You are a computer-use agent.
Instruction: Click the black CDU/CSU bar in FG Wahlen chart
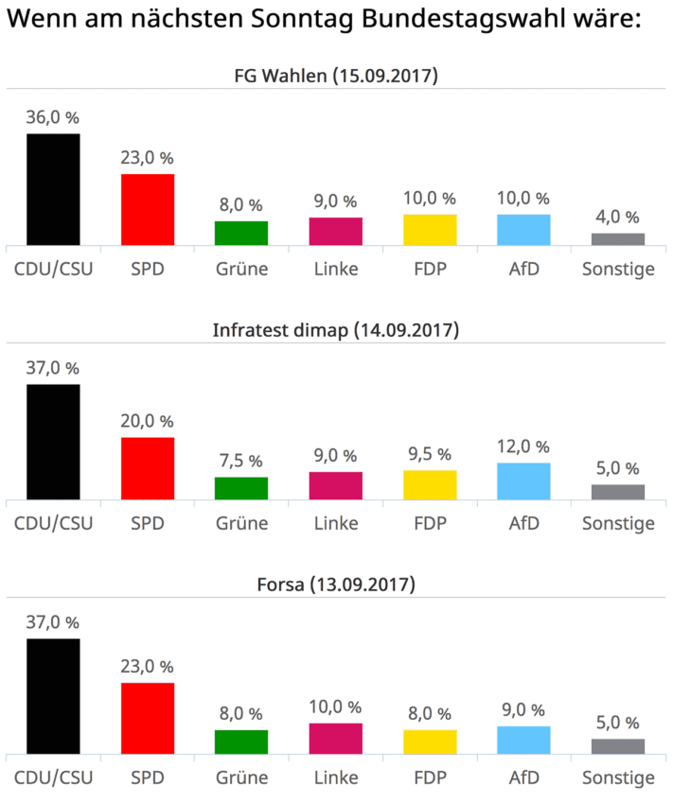pyautogui.click(x=53, y=189)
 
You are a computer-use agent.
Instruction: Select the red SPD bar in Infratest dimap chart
pyautogui.click(x=147, y=468)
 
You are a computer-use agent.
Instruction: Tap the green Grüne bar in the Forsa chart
pyautogui.click(x=241, y=742)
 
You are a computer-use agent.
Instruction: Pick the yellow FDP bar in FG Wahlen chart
pyautogui.click(x=430, y=230)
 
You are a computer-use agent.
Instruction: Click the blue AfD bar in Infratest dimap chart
pyautogui.click(x=523, y=481)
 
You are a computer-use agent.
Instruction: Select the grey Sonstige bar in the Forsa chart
pyautogui.click(x=617, y=746)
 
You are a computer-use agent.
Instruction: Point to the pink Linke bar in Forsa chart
pyautogui.click(x=335, y=739)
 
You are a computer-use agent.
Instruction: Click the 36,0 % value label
pyautogui.click(x=53, y=117)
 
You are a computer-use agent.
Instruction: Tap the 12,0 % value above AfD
pyautogui.click(x=523, y=446)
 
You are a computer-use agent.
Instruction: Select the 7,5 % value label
pyautogui.click(x=241, y=461)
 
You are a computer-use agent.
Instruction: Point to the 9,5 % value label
pyautogui.click(x=430, y=454)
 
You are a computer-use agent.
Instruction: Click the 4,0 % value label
pyautogui.click(x=617, y=217)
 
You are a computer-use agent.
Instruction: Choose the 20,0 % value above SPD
pyautogui.click(x=147, y=421)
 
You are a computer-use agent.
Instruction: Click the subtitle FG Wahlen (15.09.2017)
pyautogui.click(x=336, y=76)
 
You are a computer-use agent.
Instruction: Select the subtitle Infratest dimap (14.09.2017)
pyautogui.click(x=336, y=330)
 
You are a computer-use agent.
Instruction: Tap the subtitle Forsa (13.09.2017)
pyautogui.click(x=336, y=585)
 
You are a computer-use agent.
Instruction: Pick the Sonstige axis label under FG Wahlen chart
pyautogui.click(x=617, y=269)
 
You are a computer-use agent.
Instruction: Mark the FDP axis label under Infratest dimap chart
pyautogui.click(x=430, y=523)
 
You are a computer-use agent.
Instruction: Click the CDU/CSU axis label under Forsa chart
pyautogui.click(x=53, y=778)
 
